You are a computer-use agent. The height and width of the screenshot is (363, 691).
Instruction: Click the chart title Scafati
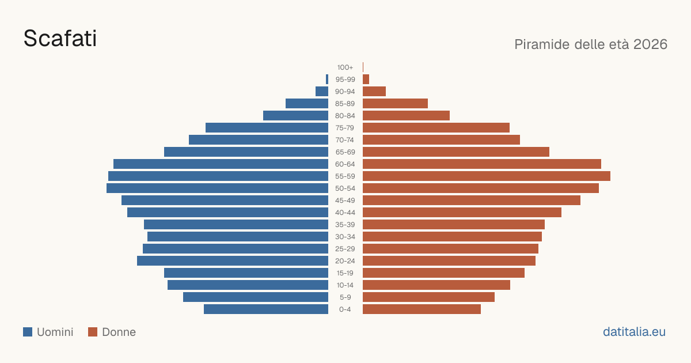[60, 38]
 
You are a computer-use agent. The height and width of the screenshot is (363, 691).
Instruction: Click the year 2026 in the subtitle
[650, 44]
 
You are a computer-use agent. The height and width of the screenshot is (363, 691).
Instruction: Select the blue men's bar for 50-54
[217, 188]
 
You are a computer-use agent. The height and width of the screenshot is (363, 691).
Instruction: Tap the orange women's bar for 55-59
[487, 176]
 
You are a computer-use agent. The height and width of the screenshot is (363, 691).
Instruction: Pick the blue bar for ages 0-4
[266, 309]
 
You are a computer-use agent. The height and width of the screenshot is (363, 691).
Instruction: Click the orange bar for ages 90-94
[374, 92]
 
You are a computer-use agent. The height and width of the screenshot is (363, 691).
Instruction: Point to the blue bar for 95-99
[327, 80]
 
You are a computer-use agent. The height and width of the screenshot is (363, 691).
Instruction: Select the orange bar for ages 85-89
[395, 103]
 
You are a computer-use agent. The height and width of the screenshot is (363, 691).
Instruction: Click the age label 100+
[345, 67]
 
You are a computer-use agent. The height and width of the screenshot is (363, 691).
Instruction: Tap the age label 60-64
[345, 164]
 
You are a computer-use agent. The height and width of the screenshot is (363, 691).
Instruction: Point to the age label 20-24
[345, 261]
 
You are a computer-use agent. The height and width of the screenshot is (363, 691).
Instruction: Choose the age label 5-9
[345, 297]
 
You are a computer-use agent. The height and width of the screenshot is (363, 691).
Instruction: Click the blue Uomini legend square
[28, 332]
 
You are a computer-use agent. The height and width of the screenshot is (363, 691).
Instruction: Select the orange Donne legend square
[93, 332]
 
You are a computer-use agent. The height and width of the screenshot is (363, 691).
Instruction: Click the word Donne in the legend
[119, 332]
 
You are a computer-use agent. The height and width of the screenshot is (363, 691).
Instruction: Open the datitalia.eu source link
[634, 332]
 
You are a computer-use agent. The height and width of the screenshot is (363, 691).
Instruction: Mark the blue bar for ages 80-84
[295, 116]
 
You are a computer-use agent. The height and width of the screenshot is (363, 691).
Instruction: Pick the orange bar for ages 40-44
[462, 213]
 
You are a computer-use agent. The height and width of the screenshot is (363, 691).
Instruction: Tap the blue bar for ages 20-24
[233, 261]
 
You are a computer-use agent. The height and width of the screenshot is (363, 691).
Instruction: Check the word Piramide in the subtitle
[542, 44]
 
